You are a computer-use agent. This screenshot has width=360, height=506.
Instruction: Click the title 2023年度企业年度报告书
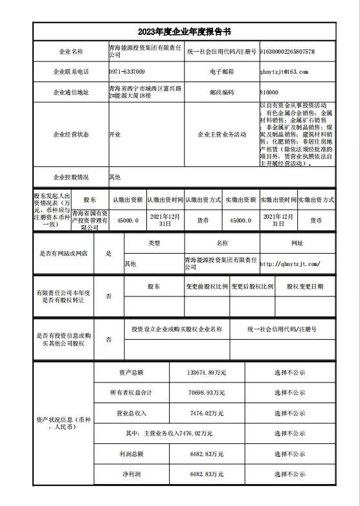[180, 32]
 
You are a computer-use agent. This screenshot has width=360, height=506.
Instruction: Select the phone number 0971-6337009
[127, 71]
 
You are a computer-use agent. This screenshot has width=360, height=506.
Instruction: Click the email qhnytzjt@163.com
[284, 71]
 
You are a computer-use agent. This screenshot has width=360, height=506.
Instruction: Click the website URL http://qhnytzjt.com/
[289, 264]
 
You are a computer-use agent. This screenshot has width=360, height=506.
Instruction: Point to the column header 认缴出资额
[127, 201]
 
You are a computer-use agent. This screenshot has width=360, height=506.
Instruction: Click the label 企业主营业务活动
[221, 134]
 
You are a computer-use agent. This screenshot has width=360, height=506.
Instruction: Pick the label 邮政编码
[221, 93]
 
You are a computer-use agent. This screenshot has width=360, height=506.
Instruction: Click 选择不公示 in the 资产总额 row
[289, 373]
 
